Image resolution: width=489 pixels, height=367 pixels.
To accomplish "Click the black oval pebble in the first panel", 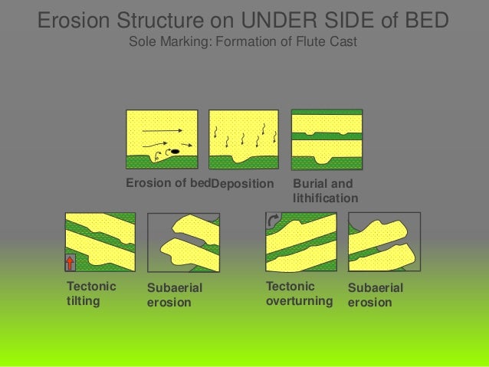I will [x=175, y=151].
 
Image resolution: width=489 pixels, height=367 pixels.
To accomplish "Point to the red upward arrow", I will [x=71, y=263].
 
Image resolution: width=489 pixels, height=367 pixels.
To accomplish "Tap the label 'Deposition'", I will [x=242, y=185].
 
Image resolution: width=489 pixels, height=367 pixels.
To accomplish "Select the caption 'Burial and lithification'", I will [x=325, y=191].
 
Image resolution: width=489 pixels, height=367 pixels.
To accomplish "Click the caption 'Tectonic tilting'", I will [x=91, y=293].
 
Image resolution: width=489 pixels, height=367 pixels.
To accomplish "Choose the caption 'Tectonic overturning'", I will [x=299, y=293].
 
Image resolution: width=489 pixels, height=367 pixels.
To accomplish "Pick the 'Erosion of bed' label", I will [x=168, y=184].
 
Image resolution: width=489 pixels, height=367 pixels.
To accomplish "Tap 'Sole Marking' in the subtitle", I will [x=167, y=41].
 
